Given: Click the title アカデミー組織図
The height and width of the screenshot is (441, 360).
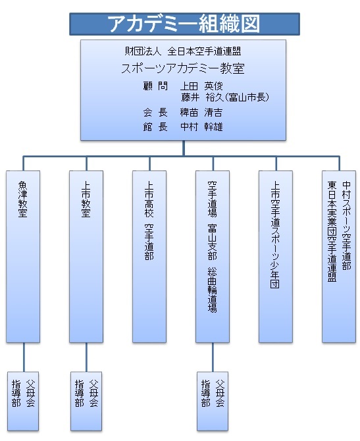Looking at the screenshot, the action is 184,24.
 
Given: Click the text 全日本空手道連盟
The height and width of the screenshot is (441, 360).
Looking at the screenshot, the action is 204,51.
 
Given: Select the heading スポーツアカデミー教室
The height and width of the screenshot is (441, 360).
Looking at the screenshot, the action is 183,68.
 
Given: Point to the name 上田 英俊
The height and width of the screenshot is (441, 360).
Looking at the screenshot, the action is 201,86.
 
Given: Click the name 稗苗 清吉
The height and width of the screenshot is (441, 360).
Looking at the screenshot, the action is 201,113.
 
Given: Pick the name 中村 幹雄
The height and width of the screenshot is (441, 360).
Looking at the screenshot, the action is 201,127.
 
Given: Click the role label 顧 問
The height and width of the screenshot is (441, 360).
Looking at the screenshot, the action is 155,86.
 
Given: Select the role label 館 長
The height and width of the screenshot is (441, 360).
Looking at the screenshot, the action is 155,127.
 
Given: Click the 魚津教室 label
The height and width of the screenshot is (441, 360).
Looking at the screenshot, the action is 23,199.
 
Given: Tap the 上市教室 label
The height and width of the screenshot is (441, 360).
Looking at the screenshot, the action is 86,199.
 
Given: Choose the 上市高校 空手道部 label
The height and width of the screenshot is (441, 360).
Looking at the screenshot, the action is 149,220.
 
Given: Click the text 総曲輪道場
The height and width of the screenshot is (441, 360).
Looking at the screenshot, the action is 213,290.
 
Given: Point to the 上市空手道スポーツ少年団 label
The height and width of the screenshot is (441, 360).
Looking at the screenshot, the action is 275,235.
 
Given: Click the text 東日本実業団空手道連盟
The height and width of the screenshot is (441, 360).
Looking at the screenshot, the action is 332,232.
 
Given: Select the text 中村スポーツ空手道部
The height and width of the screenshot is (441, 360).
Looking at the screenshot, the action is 346,226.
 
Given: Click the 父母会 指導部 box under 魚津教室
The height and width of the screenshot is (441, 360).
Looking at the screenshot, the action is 23,402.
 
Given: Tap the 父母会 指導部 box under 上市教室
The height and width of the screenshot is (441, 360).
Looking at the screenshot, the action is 86,402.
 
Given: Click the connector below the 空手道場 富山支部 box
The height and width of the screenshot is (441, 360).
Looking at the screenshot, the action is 213,357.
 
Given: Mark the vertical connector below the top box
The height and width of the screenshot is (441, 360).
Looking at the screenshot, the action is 184,148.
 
